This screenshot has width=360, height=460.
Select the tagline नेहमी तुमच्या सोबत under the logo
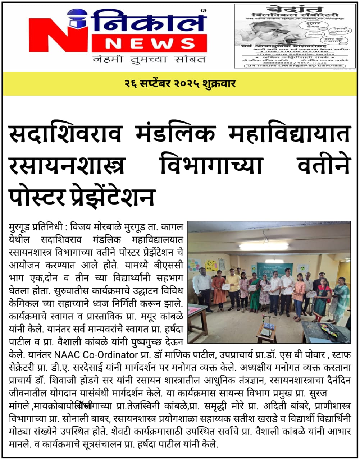point(149,59)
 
